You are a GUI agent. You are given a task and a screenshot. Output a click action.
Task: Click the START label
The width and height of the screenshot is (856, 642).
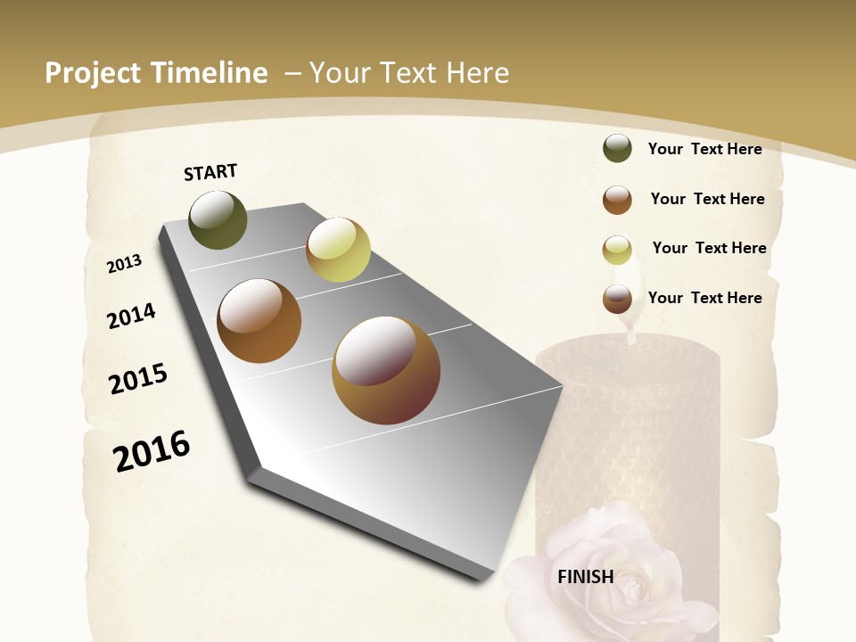click(x=210, y=172)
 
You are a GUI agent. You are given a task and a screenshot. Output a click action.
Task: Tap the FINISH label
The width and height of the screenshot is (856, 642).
click(x=586, y=576)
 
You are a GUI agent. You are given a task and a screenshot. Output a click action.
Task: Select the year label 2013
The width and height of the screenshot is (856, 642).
click(x=125, y=264)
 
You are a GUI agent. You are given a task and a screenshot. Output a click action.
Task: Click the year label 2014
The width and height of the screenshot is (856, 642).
click(x=132, y=317)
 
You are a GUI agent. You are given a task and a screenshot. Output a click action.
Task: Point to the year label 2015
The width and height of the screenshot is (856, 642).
click(x=138, y=379)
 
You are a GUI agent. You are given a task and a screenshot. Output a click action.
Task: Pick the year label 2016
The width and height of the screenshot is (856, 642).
click(x=152, y=451)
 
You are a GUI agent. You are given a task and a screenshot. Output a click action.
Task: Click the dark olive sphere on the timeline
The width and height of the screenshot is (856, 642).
click(x=218, y=220)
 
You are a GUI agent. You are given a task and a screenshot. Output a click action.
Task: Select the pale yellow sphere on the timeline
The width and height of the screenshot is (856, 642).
click(x=338, y=250)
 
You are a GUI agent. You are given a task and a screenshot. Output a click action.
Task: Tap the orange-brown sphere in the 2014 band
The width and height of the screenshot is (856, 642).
click(x=259, y=321)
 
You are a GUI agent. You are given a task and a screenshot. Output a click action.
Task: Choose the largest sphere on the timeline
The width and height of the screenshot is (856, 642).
click(x=386, y=369)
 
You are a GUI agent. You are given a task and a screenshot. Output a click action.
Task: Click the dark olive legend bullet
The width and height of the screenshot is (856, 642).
click(x=617, y=149)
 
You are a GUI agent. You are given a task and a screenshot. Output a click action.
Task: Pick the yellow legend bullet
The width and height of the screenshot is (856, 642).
click(x=617, y=249)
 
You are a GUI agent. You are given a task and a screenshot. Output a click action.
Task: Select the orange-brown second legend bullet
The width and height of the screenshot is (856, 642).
click(x=617, y=200)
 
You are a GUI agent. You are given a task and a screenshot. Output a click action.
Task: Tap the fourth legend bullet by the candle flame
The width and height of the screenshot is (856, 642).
click(x=617, y=299)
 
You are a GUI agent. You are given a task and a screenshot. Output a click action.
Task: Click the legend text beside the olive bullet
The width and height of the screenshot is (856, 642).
click(x=704, y=149)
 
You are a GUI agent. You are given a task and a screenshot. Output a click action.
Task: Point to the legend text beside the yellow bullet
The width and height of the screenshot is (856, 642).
click(x=709, y=248)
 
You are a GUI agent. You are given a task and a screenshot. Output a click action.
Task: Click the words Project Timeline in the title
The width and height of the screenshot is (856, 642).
click(x=156, y=73)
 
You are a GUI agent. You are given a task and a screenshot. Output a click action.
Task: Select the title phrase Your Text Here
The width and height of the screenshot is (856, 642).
click(x=409, y=73)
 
